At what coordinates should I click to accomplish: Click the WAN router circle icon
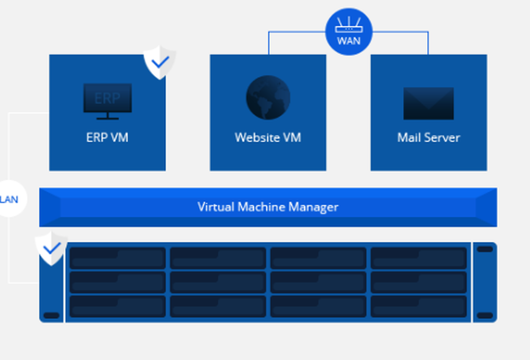click(349, 31)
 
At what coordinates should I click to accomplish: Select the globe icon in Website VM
click(268, 98)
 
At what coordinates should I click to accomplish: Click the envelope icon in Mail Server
click(428, 103)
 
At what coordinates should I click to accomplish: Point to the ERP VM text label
click(108, 138)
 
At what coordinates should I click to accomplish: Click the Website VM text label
click(268, 138)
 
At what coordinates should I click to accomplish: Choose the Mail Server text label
click(428, 138)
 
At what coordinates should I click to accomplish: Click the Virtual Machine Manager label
click(268, 207)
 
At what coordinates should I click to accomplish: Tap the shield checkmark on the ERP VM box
click(160, 63)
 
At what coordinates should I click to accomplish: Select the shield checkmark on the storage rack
click(51, 248)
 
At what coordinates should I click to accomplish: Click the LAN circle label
click(9, 199)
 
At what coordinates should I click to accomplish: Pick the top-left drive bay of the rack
click(117, 258)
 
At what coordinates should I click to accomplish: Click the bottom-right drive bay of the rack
click(418, 306)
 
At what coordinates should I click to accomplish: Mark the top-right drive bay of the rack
click(418, 258)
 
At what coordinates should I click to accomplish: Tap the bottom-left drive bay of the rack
click(117, 306)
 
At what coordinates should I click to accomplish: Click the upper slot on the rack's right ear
click(484, 249)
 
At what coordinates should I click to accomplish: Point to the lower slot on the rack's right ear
click(484, 315)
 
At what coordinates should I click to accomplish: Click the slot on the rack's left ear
click(51, 315)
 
